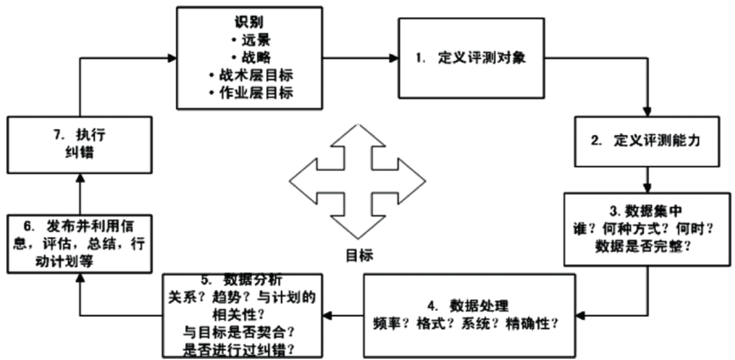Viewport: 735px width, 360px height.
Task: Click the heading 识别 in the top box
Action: tap(249, 22)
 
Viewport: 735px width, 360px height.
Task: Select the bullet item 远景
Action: tap(256, 40)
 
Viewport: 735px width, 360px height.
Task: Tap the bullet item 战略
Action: tap(256, 57)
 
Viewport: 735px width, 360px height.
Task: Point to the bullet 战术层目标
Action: tap(256, 75)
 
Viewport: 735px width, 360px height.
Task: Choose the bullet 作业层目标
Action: tap(256, 92)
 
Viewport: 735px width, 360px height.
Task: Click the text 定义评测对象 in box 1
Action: tap(482, 58)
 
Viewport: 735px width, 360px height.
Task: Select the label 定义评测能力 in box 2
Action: tap(657, 140)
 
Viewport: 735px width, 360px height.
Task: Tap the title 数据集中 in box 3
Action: tap(654, 211)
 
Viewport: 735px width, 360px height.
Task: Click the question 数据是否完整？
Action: tap(643, 246)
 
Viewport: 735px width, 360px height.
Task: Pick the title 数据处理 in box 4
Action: tap(479, 305)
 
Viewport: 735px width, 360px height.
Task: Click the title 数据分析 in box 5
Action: tap(253, 280)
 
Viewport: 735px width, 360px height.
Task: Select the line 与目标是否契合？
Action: tap(239, 332)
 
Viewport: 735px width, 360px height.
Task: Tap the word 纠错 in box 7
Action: tap(79, 152)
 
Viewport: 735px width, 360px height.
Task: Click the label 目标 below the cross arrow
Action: tap(359, 256)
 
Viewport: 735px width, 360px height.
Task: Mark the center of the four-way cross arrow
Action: tap(357, 181)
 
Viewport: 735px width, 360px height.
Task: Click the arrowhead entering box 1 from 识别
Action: tap(394, 58)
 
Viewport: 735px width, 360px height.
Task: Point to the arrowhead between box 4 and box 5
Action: tap(327, 316)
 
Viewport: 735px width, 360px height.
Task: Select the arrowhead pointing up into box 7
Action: tap(80, 178)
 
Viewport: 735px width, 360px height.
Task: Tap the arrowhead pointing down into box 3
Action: tap(647, 188)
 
